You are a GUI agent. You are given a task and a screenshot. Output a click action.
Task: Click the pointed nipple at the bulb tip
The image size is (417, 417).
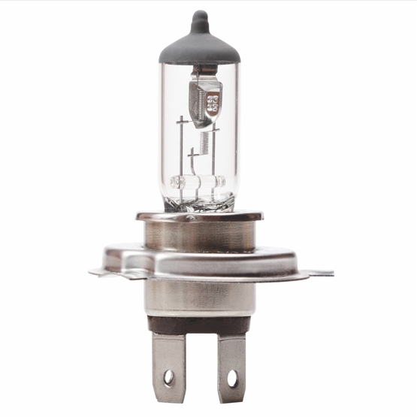tap(198, 18)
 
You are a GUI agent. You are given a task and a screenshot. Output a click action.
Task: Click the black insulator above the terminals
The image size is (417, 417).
tap(199, 325)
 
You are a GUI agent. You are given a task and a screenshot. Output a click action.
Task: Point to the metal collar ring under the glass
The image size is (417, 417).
tap(199, 216)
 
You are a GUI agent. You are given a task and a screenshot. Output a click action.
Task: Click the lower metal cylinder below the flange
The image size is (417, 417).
tap(199, 297)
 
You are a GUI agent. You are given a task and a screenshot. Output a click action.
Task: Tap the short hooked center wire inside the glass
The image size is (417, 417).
tap(193, 162)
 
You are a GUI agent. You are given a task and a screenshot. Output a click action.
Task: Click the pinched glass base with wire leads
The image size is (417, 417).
tap(199, 199)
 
